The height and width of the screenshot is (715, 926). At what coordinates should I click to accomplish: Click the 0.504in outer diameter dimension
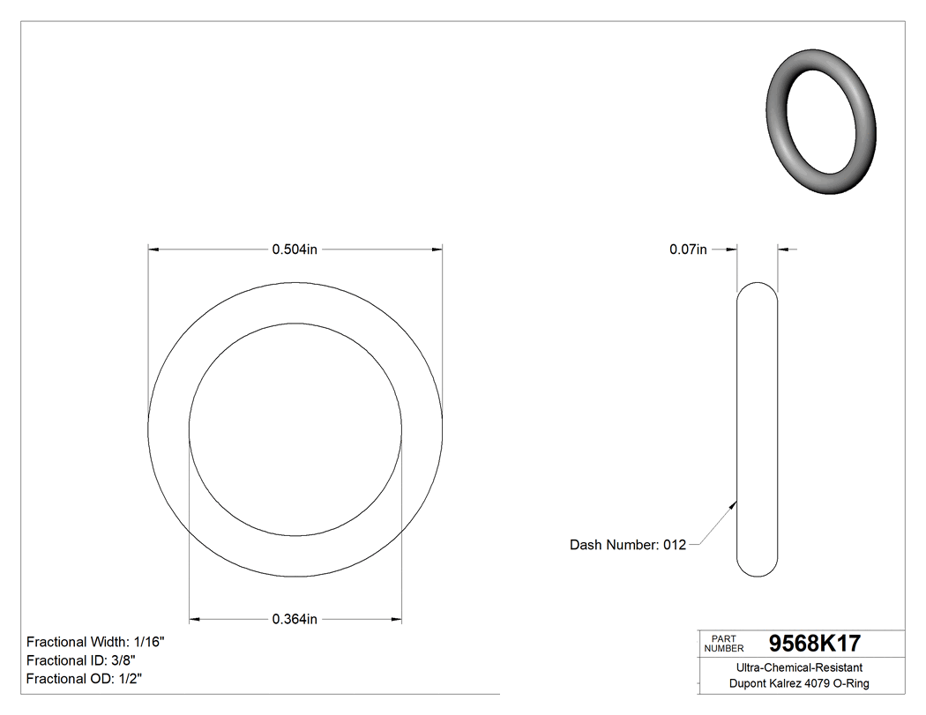pyautogui.click(x=295, y=250)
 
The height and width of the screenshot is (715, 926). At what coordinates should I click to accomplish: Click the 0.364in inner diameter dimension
pyautogui.click(x=295, y=620)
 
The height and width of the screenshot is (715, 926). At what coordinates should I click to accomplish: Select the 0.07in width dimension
pyautogui.click(x=688, y=250)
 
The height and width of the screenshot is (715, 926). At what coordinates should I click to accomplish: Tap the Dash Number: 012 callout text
pyautogui.click(x=627, y=545)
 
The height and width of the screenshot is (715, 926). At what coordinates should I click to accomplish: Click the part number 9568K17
pyautogui.click(x=814, y=643)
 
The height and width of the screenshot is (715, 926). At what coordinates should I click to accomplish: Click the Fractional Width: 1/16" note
pyautogui.click(x=95, y=642)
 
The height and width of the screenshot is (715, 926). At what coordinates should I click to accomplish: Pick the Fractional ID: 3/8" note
pyautogui.click(x=81, y=660)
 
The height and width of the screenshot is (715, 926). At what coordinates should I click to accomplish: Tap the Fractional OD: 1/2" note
pyautogui.click(x=84, y=679)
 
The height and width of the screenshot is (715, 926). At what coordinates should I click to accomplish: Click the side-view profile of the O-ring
pyautogui.click(x=757, y=429)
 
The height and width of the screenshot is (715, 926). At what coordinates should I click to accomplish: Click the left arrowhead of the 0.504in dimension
pyautogui.click(x=153, y=250)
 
